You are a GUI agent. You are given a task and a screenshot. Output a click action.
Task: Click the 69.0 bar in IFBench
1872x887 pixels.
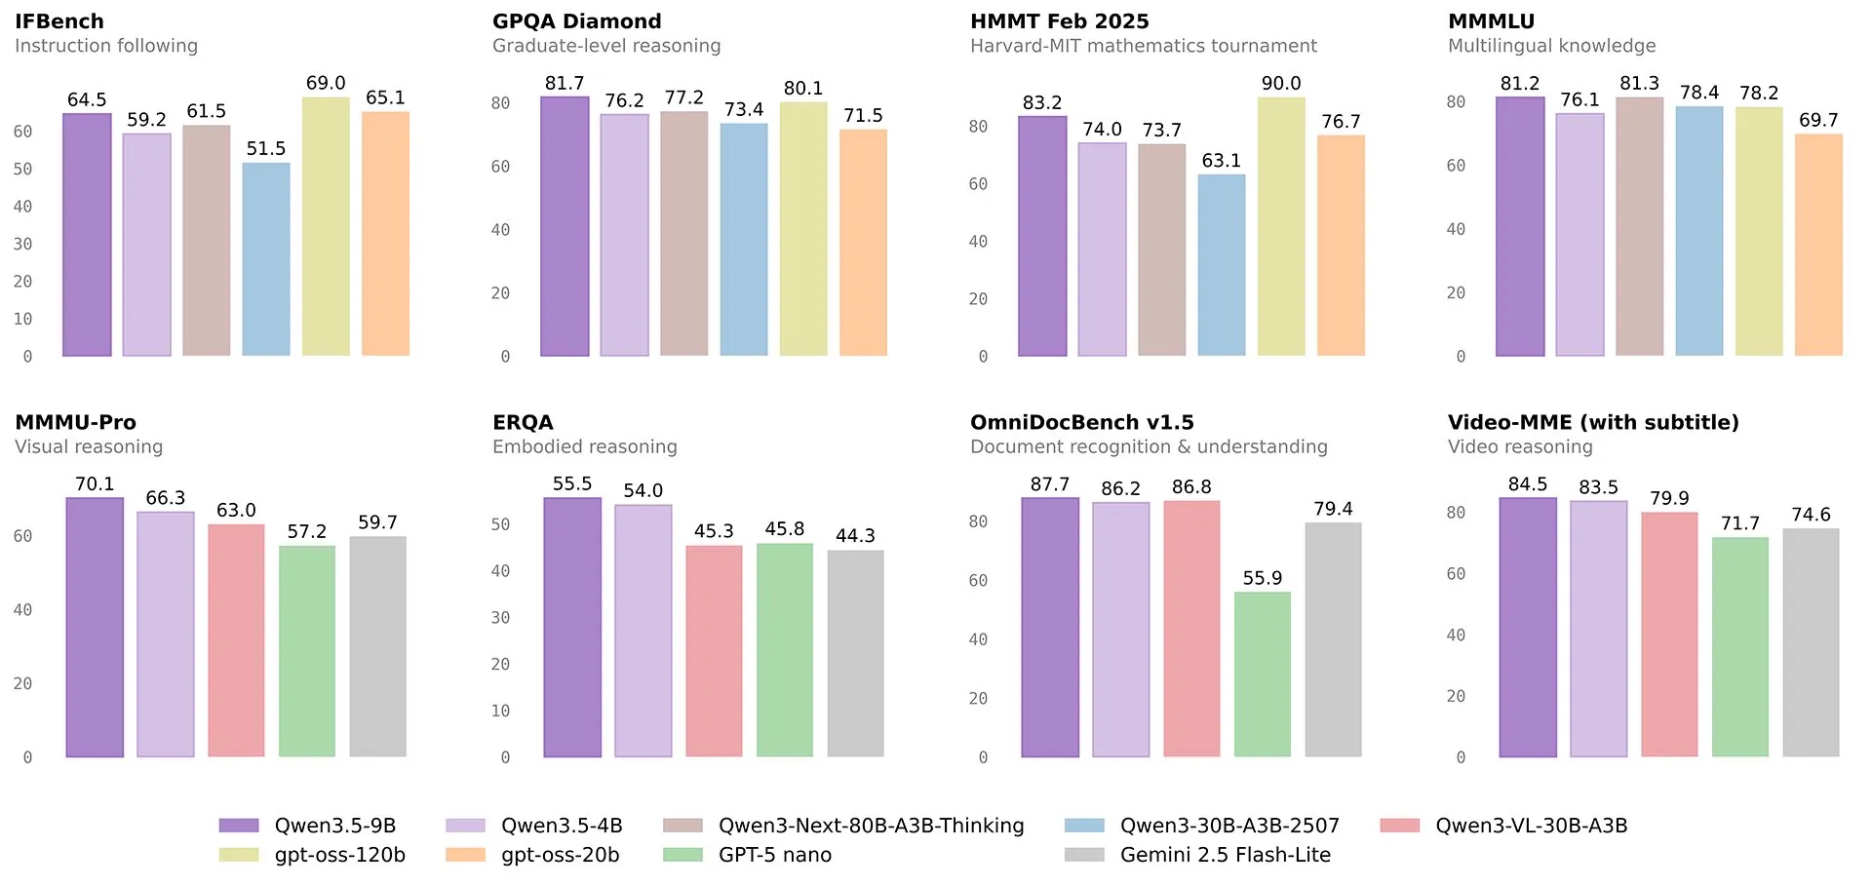[326, 226]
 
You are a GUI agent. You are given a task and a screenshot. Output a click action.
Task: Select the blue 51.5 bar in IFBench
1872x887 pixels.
[266, 259]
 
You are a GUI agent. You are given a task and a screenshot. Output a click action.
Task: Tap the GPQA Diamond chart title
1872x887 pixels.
[576, 21]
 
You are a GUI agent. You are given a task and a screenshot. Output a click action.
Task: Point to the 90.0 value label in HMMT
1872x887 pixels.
[1281, 84]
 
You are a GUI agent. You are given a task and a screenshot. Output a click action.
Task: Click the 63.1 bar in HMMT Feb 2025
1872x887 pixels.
[1222, 265]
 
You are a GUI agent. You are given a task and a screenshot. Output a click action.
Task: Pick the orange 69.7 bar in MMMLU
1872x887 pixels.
[1818, 246]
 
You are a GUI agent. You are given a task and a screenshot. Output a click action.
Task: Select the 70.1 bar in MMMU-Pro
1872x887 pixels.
[95, 628]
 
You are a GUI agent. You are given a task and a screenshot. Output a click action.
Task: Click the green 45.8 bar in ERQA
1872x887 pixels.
[785, 650]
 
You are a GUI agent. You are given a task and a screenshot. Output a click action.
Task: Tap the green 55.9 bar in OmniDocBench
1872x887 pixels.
[1263, 675]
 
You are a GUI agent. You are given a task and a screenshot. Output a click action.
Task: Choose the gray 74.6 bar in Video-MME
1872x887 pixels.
[1811, 643]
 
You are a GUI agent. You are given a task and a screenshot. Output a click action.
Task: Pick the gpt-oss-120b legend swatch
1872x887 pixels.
[239, 855]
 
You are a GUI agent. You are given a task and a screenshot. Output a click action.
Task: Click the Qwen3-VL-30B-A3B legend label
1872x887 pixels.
[1531, 826]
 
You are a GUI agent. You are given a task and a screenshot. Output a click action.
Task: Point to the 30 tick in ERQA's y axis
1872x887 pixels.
[500, 618]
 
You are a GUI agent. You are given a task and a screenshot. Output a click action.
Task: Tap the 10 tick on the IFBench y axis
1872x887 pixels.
[22, 319]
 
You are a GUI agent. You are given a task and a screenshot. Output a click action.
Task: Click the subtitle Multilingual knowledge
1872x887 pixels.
[1551, 46]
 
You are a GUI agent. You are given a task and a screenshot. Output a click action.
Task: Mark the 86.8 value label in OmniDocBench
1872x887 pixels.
[1191, 487]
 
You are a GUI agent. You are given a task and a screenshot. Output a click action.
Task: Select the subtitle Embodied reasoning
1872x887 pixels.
[584, 447]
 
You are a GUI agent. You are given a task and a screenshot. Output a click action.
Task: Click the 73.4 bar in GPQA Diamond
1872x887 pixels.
[744, 240]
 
